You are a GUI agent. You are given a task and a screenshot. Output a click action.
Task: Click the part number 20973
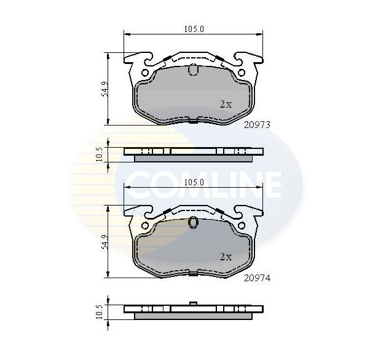pos(257,125)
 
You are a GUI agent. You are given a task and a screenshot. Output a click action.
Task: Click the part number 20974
pos(257,278)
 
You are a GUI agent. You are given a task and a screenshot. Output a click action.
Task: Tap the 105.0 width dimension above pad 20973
pos(194,29)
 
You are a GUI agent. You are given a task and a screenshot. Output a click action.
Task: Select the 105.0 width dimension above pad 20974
pos(194,182)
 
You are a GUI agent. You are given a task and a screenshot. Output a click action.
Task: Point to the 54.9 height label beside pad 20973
pos(104,89)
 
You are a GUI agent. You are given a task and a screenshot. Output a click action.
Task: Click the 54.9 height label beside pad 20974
pos(104,242)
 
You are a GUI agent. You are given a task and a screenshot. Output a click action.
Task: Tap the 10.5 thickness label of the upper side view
pos(100,154)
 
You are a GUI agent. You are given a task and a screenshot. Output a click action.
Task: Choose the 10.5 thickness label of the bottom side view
pos(100,312)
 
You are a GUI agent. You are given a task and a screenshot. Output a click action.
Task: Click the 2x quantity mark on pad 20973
pos(226,104)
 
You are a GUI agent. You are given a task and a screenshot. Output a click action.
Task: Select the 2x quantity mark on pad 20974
pos(226,257)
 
